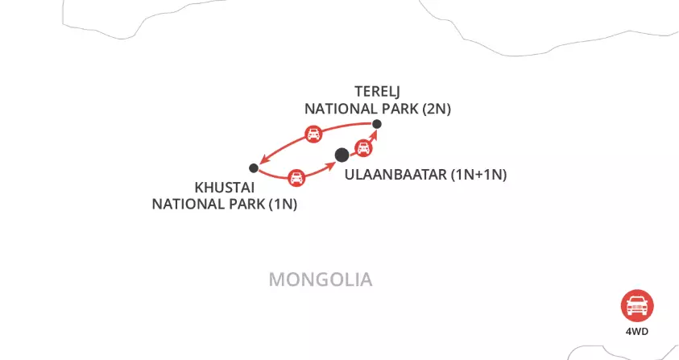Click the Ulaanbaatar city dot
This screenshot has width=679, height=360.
tap(342, 154)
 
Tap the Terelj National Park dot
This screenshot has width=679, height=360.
tap(376, 123)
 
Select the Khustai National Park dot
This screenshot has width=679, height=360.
tap(254, 168)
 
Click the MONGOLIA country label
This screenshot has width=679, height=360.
tap(320, 279)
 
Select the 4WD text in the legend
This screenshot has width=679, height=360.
tap(636, 331)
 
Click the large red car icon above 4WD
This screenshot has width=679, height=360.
tap(636, 305)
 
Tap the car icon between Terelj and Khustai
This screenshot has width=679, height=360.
tap(312, 134)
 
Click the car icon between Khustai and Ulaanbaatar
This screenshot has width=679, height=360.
tap(296, 176)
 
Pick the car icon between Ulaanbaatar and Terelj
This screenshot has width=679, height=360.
tap(363, 147)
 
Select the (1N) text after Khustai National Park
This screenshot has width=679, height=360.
tap(284, 204)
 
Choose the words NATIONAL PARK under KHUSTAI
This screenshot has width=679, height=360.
tap(210, 204)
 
